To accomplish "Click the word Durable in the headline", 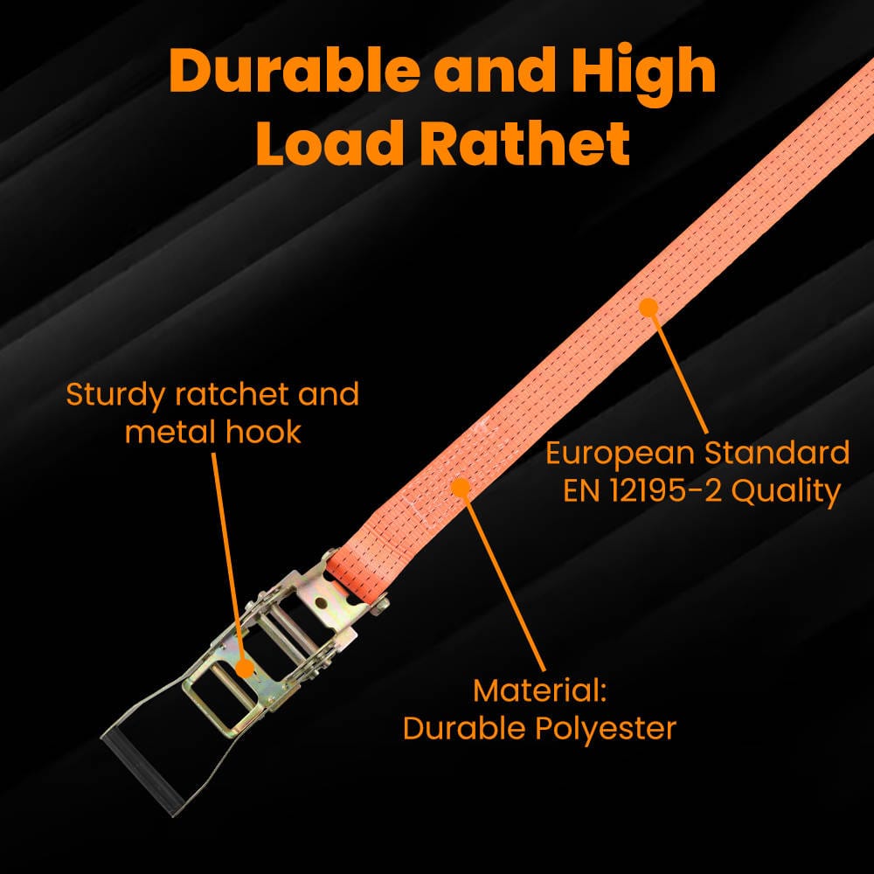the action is tap(295, 70).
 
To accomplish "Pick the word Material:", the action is tap(539, 691).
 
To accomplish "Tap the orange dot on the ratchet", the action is tap(244, 667).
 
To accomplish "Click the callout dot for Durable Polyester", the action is tap(461, 488).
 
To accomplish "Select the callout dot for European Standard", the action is tap(648, 308).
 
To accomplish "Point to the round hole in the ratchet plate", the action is tap(320, 602).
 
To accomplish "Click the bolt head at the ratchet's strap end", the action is tap(381, 604).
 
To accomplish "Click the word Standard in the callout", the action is tap(778, 453).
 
